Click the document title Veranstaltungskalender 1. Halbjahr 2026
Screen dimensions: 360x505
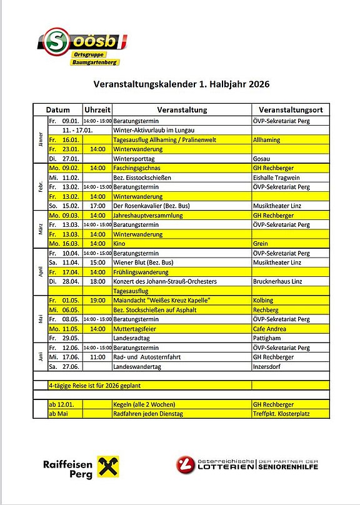181,84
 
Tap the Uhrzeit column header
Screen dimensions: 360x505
97,109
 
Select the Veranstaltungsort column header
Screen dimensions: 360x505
289,109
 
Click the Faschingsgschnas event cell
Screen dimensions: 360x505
137,168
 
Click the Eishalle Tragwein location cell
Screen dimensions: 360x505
276,177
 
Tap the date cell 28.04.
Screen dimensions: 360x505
70,281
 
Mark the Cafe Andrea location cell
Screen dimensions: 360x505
269,328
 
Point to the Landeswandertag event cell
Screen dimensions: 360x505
137,366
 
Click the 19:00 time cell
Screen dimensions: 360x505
97,300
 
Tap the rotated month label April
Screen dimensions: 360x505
41,272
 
